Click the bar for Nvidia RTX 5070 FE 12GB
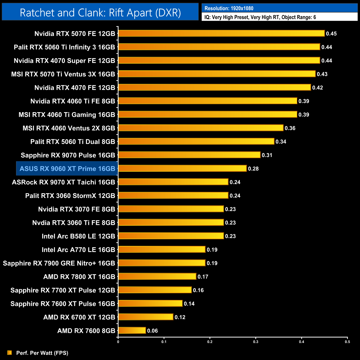pyautogui.click(x=221, y=34)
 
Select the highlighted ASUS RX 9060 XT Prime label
pyautogui.click(x=67, y=169)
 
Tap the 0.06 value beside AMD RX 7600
pyautogui.click(x=152, y=331)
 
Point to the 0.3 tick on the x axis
pyautogui.click(x=256, y=342)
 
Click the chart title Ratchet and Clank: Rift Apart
pyautogui.click(x=100, y=12)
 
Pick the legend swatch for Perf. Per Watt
pyautogui.click(x=10, y=353)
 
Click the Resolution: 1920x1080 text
pyautogui.click(x=229, y=8)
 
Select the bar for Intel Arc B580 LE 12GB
pyautogui.click(x=171, y=236)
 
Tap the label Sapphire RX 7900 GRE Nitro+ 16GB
pyautogui.click(x=59, y=263)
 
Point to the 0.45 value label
pyautogui.click(x=331, y=34)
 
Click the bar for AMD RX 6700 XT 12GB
pyautogui.click(x=146, y=317)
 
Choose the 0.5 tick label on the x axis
pyautogui.click(x=347, y=342)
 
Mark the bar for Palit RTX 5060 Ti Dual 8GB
pyautogui.click(x=196, y=141)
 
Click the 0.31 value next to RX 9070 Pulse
pyautogui.click(x=267, y=155)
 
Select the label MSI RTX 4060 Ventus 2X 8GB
pyautogui.click(x=69, y=128)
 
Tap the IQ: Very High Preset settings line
pyautogui.click(x=260, y=17)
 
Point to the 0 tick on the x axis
pyautogui.click(x=118, y=342)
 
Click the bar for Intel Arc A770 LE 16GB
pyautogui.click(x=162, y=250)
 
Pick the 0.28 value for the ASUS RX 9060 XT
pyautogui.click(x=253, y=169)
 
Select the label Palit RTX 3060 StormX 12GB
pyautogui.click(x=70, y=196)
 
